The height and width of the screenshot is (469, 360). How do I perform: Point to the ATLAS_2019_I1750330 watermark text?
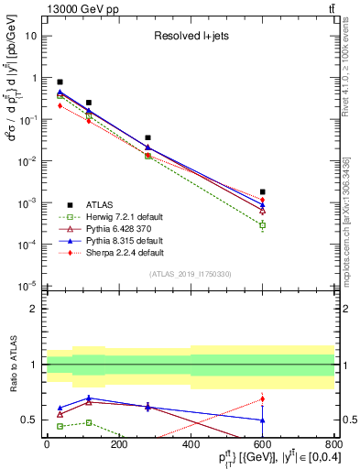[190, 274]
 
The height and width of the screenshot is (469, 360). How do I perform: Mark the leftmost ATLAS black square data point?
[60, 82]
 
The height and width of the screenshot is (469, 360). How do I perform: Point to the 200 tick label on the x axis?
[118, 443]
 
